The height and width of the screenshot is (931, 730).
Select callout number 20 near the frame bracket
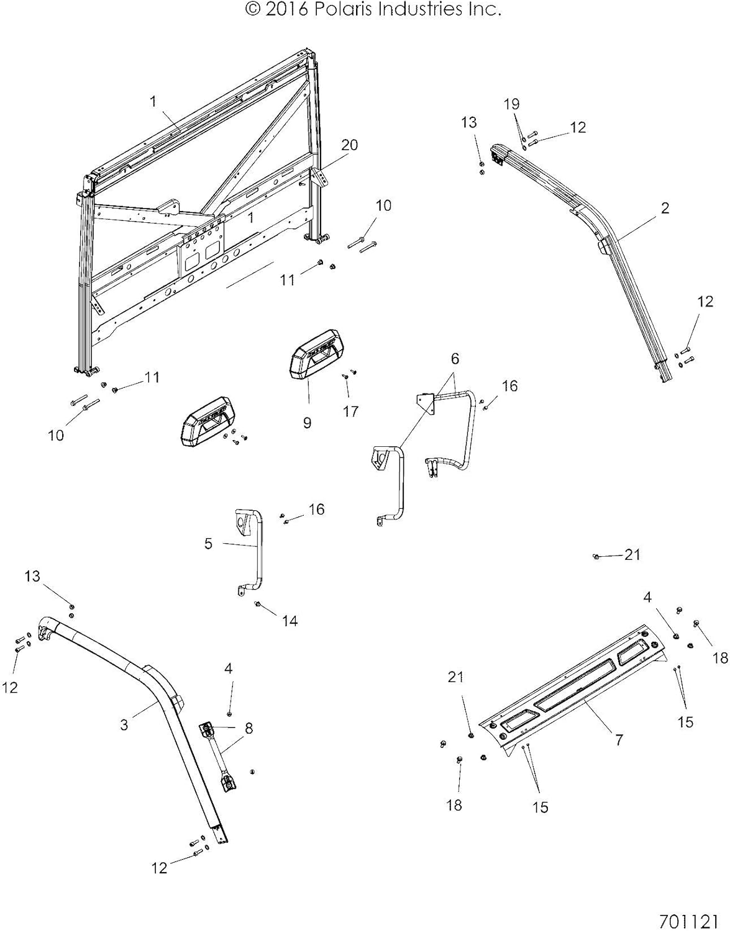click(x=349, y=145)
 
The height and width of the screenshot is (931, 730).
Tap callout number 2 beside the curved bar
click(x=665, y=208)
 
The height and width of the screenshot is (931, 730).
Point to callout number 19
click(x=511, y=104)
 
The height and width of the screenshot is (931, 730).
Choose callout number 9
click(x=307, y=423)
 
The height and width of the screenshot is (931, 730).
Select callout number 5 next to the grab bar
click(x=208, y=544)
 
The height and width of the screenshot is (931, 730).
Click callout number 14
click(x=290, y=620)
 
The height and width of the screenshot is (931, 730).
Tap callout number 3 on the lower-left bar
click(x=124, y=724)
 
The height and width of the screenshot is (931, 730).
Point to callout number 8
click(x=249, y=729)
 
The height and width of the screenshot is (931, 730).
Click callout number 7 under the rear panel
click(x=619, y=740)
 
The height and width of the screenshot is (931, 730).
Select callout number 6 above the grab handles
click(x=455, y=358)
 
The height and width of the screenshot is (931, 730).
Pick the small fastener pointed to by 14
click(x=257, y=604)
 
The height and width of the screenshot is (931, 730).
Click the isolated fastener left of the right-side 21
click(x=595, y=556)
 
